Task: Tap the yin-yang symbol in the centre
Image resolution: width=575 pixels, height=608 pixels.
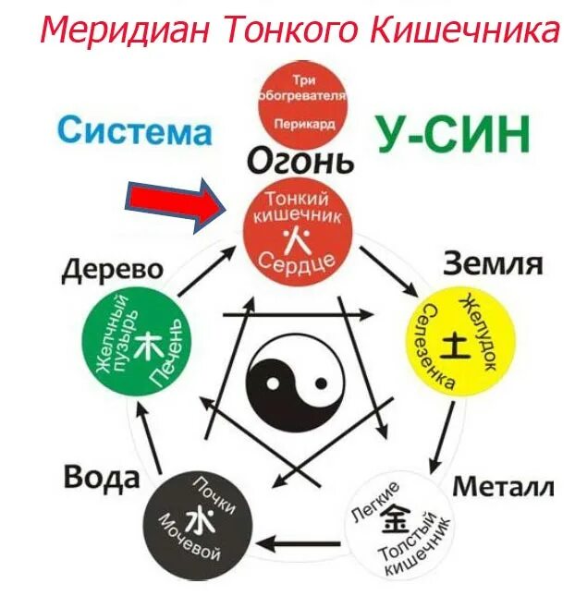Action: (287, 378)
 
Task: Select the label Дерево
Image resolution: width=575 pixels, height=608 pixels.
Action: (113, 270)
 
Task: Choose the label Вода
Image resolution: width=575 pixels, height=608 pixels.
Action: (102, 478)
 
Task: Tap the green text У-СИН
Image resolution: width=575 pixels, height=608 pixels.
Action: (453, 134)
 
